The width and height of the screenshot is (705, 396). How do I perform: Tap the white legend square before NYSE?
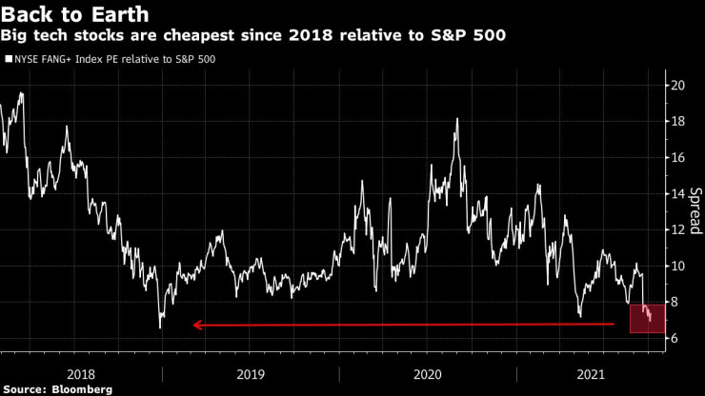(x=7, y=59)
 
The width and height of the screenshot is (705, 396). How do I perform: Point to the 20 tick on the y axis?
(x=677, y=85)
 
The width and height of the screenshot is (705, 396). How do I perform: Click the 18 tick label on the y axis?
(x=677, y=121)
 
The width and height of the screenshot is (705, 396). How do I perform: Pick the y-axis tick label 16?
(x=677, y=157)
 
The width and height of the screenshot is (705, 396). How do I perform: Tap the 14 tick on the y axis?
(x=677, y=193)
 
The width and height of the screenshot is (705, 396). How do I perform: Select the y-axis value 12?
(x=677, y=229)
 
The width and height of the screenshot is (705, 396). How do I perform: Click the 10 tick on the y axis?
(x=677, y=266)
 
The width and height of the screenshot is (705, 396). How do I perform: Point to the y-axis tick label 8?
(x=674, y=302)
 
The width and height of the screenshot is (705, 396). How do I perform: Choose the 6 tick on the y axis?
(x=674, y=338)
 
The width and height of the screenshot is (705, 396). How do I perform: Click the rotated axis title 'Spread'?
(x=695, y=211)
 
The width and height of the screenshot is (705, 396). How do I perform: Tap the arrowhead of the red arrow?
(x=197, y=326)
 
